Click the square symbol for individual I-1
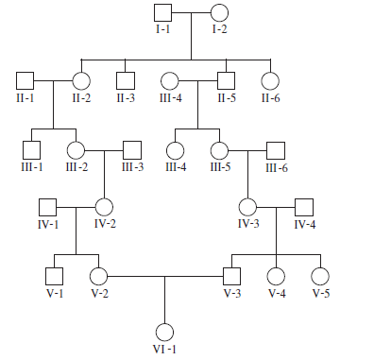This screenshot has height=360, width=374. (162, 13)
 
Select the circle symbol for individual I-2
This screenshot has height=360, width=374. (219, 13)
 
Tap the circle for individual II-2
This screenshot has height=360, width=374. (81, 81)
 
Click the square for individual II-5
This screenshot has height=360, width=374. (226, 81)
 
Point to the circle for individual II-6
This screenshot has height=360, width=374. (271, 81)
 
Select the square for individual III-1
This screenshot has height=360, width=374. (32, 149)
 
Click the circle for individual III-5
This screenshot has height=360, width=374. (220, 149)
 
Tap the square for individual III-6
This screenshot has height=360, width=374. (276, 149)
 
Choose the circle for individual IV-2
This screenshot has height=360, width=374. (105, 206)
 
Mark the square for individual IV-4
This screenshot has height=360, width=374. (305, 206)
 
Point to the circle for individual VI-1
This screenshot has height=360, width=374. (165, 332)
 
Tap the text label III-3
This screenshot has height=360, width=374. (133, 167)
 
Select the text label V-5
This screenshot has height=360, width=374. (321, 293)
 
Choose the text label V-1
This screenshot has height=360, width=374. (54, 293)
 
